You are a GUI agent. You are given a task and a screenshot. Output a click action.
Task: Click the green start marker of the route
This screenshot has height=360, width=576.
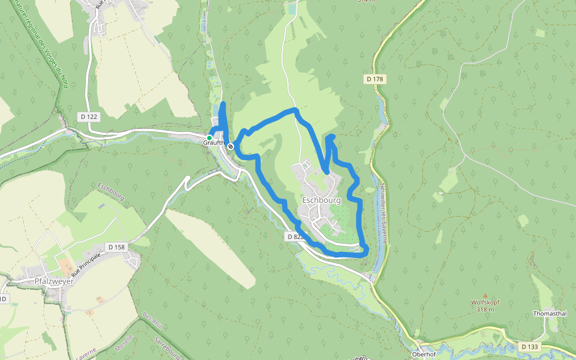(209, 138)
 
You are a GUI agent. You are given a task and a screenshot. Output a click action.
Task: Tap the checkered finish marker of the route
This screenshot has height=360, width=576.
(230, 146)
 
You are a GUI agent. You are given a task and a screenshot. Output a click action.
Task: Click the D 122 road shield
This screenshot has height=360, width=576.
(88, 116)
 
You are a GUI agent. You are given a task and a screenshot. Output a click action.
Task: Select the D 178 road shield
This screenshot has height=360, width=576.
(375, 79)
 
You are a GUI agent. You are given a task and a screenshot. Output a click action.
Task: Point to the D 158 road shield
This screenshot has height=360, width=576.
(116, 247)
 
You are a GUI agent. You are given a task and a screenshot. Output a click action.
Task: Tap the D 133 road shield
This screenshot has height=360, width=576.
(529, 347)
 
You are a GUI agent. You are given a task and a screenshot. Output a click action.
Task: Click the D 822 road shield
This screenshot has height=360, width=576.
(295, 237)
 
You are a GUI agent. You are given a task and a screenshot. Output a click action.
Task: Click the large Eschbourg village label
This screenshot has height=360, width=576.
(322, 200)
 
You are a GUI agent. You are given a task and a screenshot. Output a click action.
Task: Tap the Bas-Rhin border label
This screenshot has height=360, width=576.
(148, 321)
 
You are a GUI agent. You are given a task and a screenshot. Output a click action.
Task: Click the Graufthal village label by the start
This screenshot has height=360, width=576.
(214, 143)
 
